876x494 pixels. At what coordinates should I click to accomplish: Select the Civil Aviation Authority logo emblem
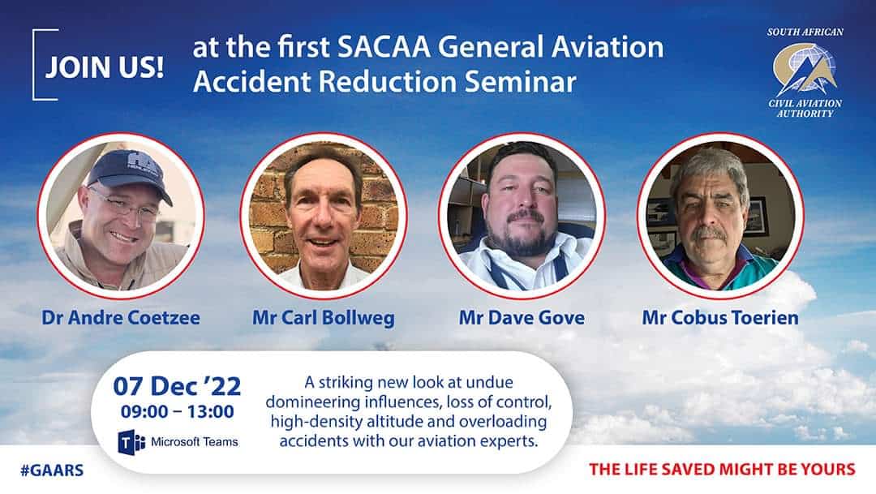coord(804,69)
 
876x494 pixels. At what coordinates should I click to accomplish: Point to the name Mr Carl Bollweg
coord(323,317)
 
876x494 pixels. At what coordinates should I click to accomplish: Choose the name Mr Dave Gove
coord(522,317)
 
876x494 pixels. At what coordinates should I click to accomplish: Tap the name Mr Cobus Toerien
coord(720,317)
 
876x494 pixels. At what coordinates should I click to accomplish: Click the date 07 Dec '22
coord(177,385)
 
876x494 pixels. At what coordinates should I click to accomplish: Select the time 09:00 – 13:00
coord(177,411)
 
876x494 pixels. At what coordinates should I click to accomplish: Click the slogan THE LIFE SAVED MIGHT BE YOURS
coord(722,469)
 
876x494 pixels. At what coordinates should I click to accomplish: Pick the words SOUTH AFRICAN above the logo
coord(805,32)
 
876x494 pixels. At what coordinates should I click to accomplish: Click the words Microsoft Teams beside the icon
coord(195,443)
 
